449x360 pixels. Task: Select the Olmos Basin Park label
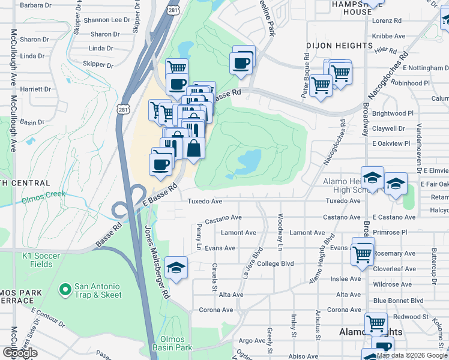click(x=175, y=343)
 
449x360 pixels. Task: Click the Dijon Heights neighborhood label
click(x=339, y=46)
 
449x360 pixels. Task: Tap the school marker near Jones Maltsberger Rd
click(x=176, y=268)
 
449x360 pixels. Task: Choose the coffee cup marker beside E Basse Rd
click(x=161, y=164)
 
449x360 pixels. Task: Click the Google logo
click(x=20, y=353)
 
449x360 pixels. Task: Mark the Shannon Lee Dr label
click(x=106, y=20)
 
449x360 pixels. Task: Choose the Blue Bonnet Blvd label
click(x=398, y=301)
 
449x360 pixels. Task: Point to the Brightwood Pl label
click(x=393, y=113)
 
